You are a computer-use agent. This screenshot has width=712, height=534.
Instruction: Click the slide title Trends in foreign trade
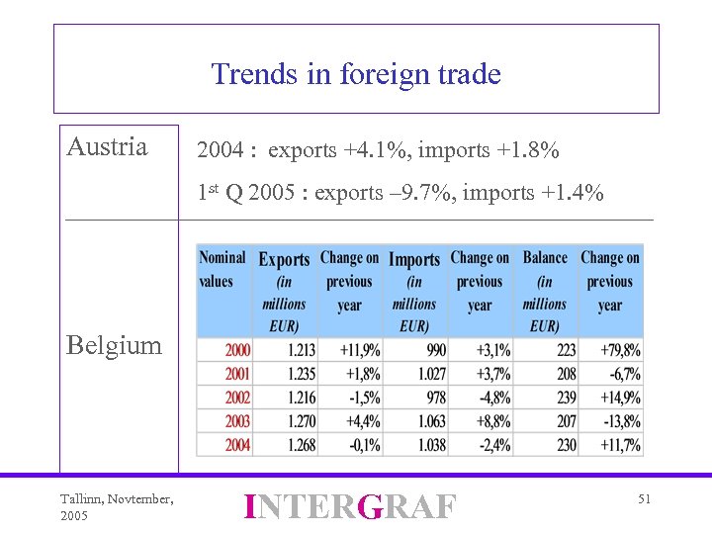pos(356,74)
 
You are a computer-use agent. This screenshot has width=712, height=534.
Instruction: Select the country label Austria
pos(107,147)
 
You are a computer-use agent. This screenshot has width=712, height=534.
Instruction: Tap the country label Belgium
pos(114,345)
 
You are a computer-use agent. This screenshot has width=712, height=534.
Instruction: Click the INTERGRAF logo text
pos(350,506)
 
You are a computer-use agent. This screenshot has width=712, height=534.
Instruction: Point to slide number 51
pos(644,500)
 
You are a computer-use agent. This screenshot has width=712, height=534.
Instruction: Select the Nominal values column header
pos(222,269)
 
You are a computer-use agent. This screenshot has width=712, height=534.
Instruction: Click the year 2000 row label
pos(237,350)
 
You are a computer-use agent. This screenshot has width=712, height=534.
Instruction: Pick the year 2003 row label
pos(237,421)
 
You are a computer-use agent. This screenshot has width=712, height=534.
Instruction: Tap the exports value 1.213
pos(302,350)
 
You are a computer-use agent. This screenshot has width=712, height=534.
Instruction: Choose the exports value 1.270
pos(302,421)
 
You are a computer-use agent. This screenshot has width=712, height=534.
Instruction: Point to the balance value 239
pos(566,398)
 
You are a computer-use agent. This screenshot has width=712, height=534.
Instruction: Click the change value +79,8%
pos(620,350)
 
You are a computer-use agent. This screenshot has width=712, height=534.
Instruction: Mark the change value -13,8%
pos(621,421)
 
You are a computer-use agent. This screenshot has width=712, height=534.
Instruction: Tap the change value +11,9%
pos(359,350)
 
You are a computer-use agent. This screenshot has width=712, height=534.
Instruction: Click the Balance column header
pos(545,258)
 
